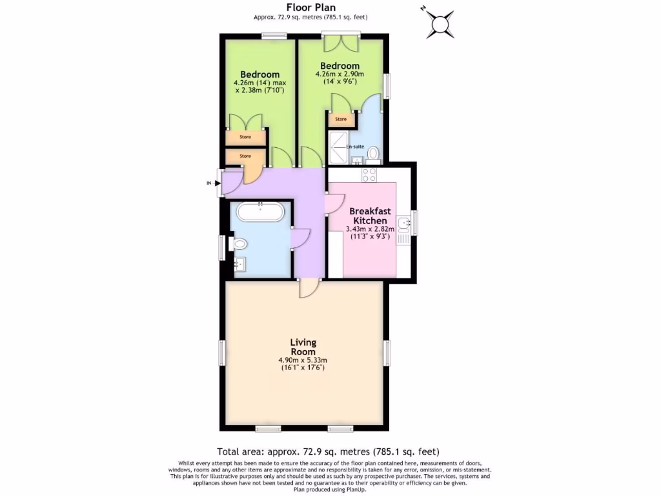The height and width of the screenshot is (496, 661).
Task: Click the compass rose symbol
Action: (441, 24)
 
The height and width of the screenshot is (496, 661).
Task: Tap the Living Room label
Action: (303, 346)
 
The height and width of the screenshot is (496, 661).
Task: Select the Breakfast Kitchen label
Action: (368, 216)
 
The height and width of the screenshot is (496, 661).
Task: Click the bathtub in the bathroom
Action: (260, 212)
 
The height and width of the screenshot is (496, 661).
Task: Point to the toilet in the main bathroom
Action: (239, 244)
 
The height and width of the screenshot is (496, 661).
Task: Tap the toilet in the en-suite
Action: (373, 153)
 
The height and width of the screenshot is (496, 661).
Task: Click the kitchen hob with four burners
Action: (369, 174)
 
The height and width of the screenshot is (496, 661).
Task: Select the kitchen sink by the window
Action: (405, 224)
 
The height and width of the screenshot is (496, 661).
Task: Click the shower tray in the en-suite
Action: (340, 148)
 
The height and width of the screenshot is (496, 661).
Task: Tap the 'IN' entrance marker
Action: (208, 183)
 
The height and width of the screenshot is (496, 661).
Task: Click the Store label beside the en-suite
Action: (341, 119)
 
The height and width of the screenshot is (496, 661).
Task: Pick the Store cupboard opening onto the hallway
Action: (245, 156)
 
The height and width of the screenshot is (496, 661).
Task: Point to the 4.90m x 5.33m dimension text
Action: (303, 360)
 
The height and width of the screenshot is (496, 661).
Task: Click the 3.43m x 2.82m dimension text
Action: (368, 229)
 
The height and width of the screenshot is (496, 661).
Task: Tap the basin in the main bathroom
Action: (239, 264)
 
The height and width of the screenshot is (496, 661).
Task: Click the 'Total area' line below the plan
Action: (330, 451)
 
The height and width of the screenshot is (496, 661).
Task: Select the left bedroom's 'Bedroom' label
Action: (259, 74)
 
